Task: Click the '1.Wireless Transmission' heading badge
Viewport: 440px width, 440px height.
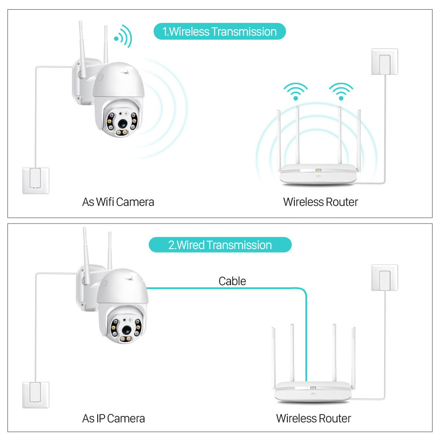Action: coord(220,32)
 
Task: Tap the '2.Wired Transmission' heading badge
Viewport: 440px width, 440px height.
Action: coord(220,245)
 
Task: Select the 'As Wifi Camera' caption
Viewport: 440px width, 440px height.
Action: coord(118,202)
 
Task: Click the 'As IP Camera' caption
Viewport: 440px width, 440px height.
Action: coord(114,418)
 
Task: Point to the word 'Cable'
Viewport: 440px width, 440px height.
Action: coord(232,281)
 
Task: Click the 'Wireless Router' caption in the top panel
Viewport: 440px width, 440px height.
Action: coord(320,202)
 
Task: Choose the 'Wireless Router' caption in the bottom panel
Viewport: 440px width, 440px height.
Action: coord(313,418)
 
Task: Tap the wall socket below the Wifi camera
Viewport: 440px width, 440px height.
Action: coord(36,181)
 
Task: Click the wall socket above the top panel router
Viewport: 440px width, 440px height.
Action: coord(384,62)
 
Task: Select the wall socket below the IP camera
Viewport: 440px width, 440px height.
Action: coord(36,395)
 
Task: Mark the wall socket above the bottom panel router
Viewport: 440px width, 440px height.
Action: coord(384,277)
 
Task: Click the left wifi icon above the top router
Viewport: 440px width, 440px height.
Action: coord(295,92)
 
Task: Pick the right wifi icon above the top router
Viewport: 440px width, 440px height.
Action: coord(341,92)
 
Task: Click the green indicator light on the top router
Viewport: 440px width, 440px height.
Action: coord(317,171)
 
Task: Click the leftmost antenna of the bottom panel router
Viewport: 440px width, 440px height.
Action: coord(274,356)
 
